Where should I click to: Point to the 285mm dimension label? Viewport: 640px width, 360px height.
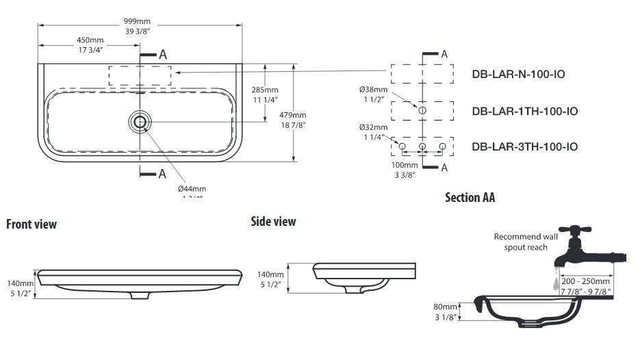point(265,90)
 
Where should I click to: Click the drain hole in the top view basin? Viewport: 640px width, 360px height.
point(140,122)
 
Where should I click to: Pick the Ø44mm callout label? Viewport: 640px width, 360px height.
point(192,188)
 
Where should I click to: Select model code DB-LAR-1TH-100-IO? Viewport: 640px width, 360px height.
point(525,111)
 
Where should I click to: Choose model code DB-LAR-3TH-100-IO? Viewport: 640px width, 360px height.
point(525,146)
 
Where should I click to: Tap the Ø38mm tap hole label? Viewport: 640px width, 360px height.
point(373,90)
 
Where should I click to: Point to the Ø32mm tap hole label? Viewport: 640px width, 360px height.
point(373,127)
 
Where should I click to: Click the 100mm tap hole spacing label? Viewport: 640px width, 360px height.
point(405,165)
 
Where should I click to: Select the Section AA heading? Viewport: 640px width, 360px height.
point(470,198)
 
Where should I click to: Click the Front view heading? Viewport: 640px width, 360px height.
point(31,224)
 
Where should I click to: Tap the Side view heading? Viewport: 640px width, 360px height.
point(273,221)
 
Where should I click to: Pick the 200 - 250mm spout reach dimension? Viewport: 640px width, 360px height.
point(585,281)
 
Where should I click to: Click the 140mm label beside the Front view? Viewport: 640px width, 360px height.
point(21,283)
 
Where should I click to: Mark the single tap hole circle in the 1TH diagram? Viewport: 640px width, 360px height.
point(422,110)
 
